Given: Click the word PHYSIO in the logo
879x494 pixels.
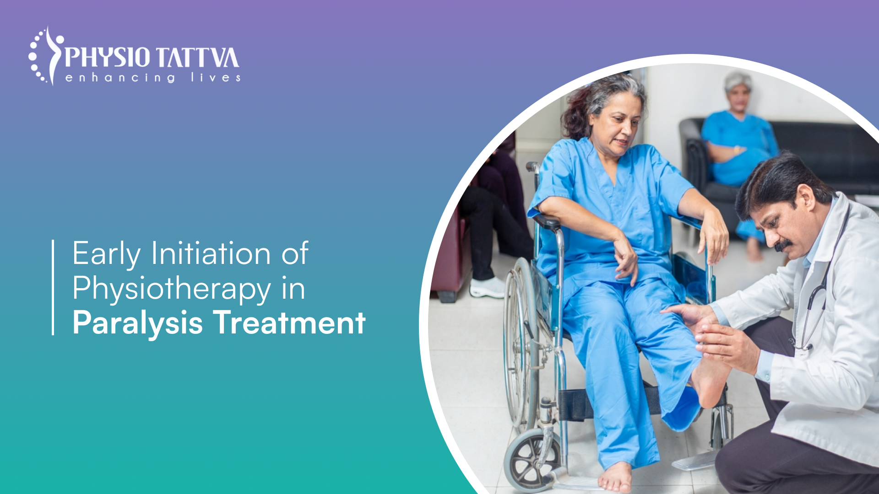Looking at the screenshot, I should coord(108,58).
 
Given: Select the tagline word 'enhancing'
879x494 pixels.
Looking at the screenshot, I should coord(120,78).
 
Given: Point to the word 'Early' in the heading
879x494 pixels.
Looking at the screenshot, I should coord(106,254).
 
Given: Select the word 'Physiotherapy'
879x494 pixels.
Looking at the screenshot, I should coord(172,290).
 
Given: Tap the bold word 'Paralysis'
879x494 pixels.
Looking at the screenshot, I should coord(137,323).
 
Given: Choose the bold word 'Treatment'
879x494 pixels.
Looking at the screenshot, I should coord(289,323).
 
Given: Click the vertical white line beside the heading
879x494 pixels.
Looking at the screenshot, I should coord(53,287).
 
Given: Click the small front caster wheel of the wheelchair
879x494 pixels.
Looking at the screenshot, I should coord(531,460).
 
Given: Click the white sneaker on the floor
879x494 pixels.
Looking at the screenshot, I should coord(488,288).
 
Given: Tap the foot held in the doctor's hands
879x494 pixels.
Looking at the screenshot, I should coord(710,380).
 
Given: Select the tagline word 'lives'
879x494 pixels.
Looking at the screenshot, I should coord(216,78).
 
